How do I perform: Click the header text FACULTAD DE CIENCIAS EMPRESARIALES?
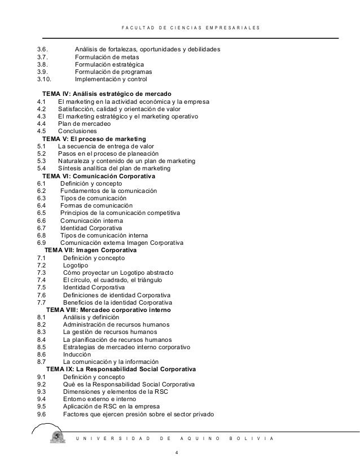[x=190, y=27]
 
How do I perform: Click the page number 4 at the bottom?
[x=177, y=452]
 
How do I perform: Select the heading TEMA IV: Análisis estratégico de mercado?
[x=107, y=93]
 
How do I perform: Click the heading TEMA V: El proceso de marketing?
[x=94, y=139]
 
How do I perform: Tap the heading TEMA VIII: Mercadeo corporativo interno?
[x=108, y=310]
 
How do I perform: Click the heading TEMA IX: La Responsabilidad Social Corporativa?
[x=121, y=369]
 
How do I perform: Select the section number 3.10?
[x=43, y=80]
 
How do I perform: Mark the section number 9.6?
[x=41, y=415]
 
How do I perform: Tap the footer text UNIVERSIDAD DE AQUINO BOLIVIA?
[x=177, y=438]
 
